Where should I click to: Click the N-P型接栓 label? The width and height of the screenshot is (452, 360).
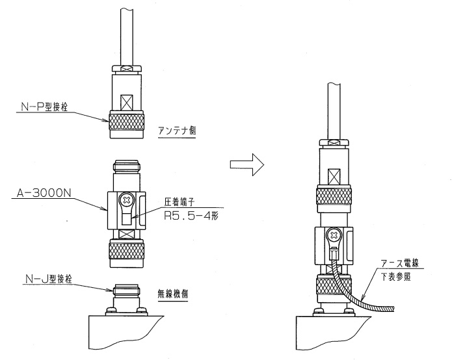click(42, 107)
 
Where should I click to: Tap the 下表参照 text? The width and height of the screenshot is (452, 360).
click(401, 275)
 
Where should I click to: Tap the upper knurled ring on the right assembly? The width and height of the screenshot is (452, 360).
click(335, 197)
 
